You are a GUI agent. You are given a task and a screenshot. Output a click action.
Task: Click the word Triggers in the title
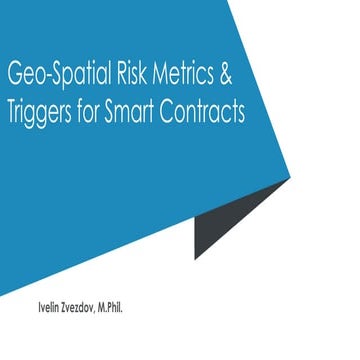point(42,111)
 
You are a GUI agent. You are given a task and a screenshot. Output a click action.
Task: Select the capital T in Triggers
point(13,110)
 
